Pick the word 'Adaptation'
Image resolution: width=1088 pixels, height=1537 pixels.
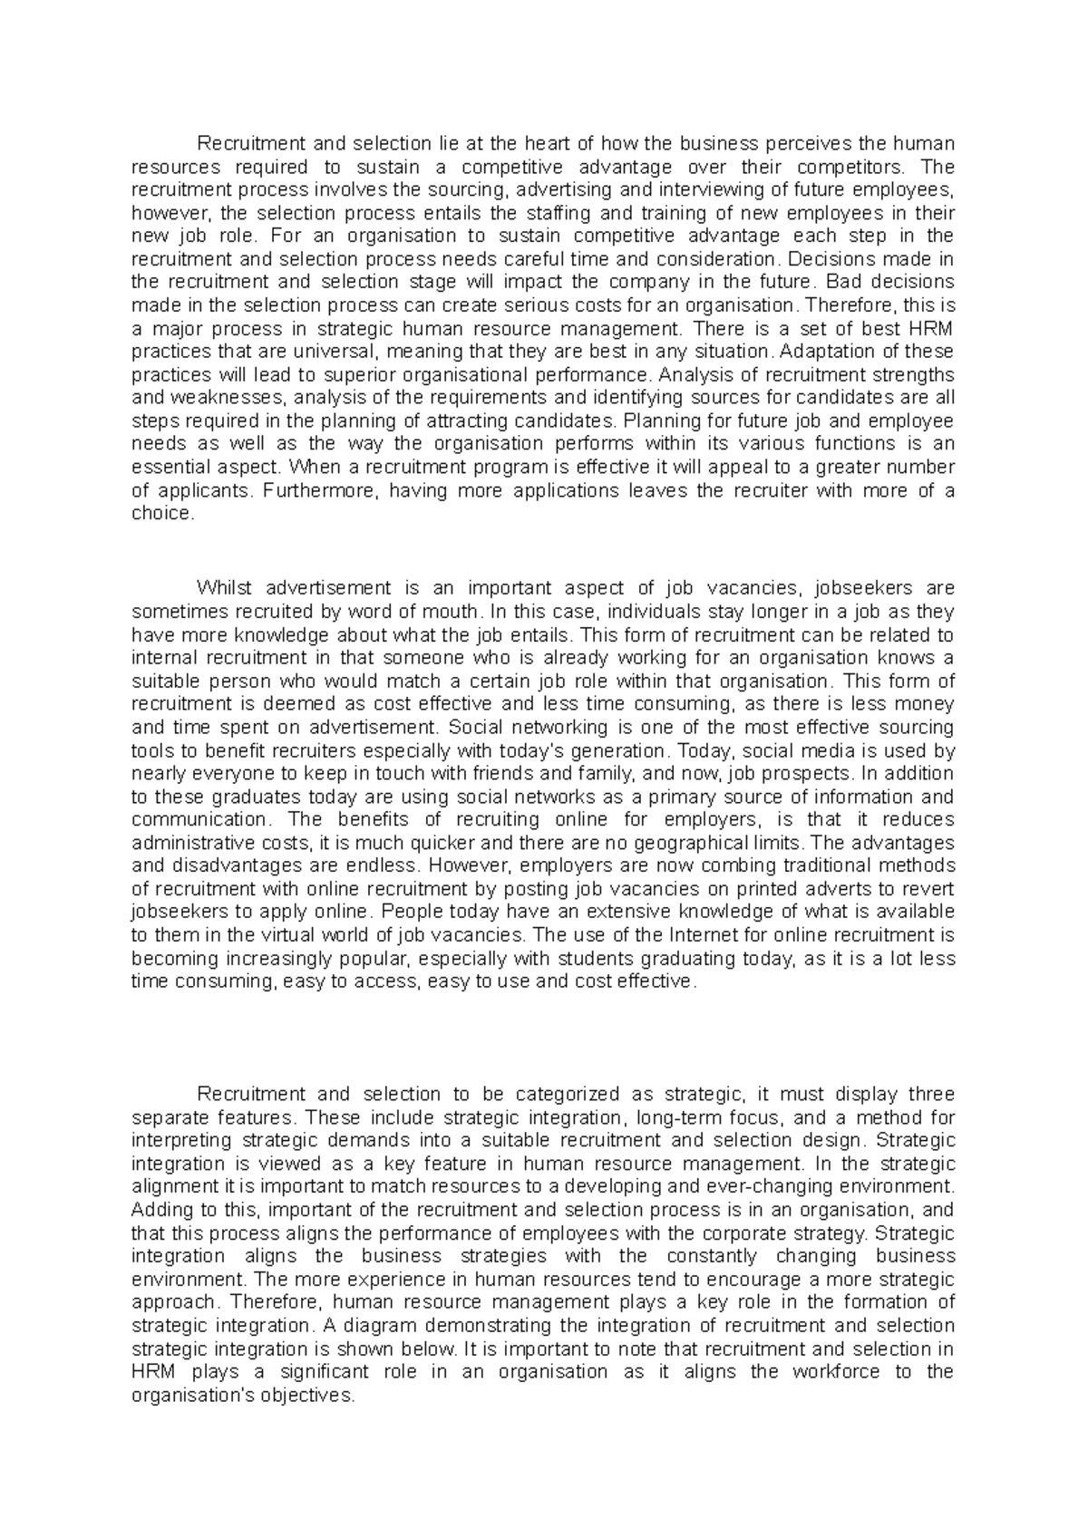click(825, 352)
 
